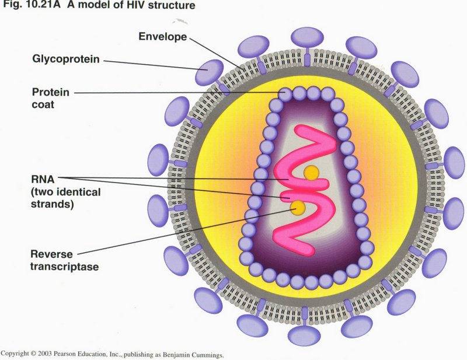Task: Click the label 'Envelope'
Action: pyautogui.click(x=162, y=37)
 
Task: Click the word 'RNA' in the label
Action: pyautogui.click(x=41, y=179)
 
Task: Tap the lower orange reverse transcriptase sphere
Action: pyautogui.click(x=298, y=206)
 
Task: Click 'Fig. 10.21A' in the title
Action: pyautogui.click(x=25, y=6)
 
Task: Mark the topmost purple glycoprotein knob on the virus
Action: pyautogui.click(x=307, y=37)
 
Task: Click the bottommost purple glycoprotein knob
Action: pyautogui.click(x=305, y=335)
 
